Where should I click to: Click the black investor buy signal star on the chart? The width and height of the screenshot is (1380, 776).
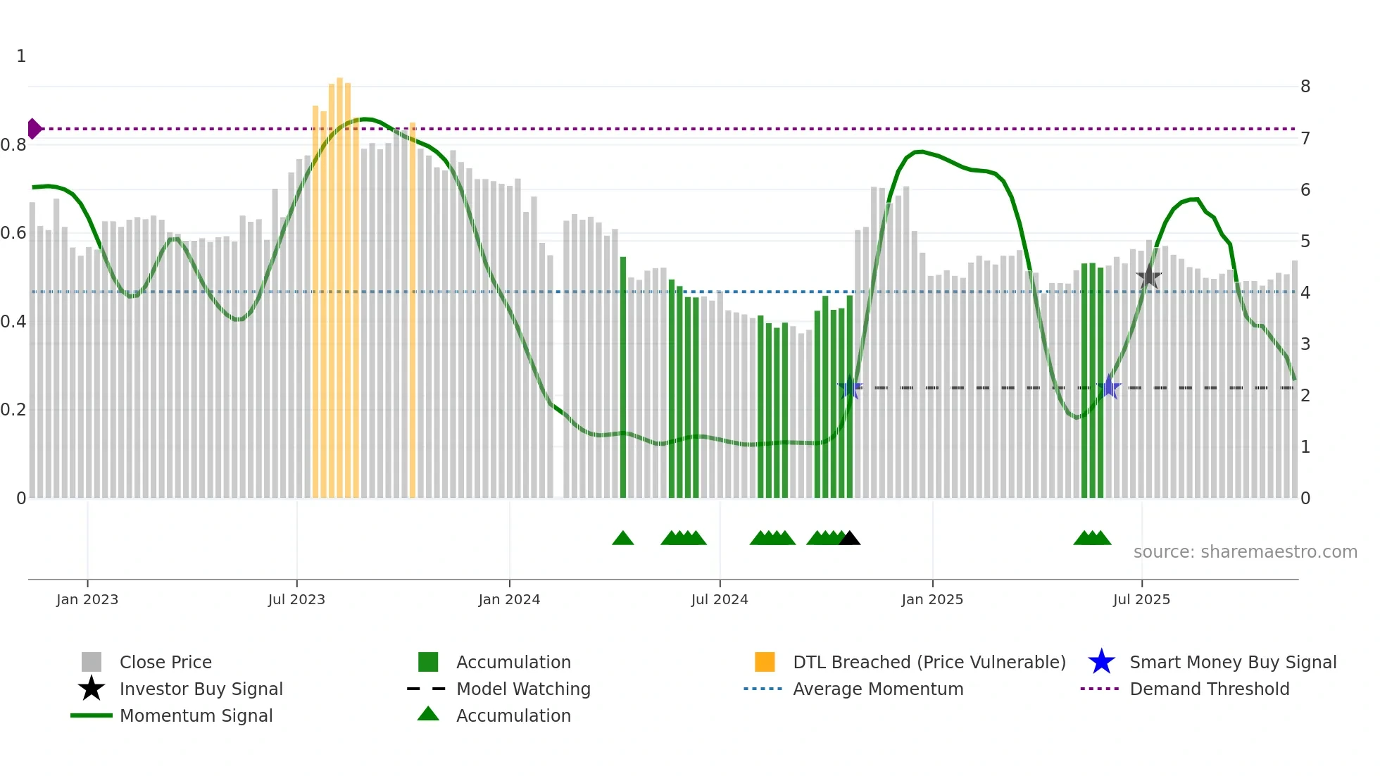click(1148, 277)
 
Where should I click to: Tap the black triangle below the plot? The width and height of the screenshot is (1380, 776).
click(850, 539)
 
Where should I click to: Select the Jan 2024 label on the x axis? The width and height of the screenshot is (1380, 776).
click(509, 599)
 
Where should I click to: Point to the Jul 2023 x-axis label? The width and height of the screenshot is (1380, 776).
click(296, 599)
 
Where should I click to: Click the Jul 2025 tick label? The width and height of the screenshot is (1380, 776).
click(1141, 599)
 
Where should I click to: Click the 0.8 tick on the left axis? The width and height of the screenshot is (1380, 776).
click(14, 145)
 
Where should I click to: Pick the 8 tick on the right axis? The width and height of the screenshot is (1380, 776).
click(1305, 87)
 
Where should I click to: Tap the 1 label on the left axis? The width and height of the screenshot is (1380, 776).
click(21, 56)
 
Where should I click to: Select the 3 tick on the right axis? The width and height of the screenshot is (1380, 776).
click(1305, 344)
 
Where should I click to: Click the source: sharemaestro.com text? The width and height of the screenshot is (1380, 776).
click(1245, 552)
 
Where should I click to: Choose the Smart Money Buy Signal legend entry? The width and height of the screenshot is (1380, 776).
click(1232, 662)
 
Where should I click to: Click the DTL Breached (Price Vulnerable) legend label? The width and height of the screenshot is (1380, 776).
click(929, 662)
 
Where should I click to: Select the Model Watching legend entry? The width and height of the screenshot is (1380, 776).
click(523, 689)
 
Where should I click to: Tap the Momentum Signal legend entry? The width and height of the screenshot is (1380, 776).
click(196, 715)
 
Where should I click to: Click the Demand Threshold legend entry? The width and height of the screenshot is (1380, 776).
click(1209, 689)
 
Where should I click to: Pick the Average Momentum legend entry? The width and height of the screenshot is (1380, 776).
click(877, 689)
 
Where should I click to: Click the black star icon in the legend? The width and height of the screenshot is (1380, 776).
click(92, 689)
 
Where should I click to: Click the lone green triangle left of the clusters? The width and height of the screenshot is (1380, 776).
click(623, 539)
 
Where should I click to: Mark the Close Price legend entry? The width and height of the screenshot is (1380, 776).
click(165, 662)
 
